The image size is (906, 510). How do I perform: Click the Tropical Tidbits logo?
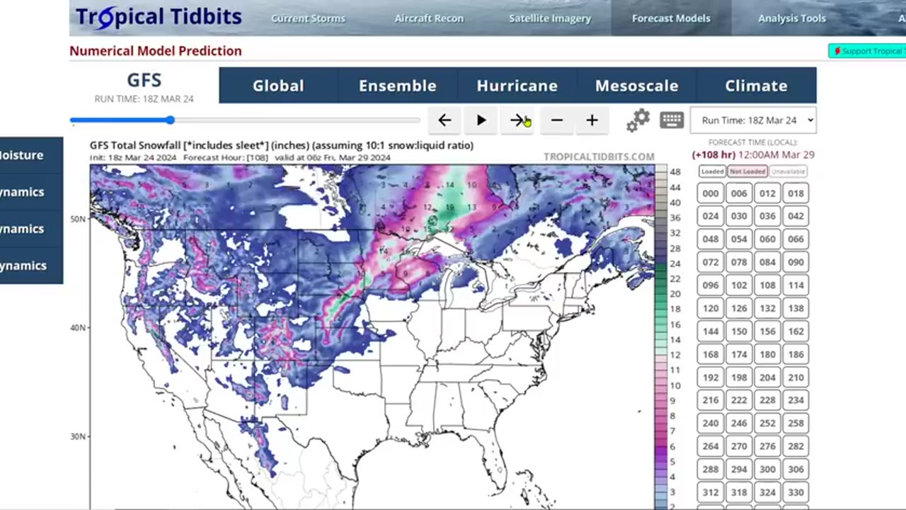coord(159,18)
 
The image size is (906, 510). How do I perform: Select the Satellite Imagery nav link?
coord(550,18)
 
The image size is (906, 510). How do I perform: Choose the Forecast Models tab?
coord(671,18)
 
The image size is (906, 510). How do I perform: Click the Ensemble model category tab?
coord(397,86)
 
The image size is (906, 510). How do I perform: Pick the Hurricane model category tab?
coord(517,86)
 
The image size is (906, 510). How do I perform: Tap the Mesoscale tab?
coord(636,86)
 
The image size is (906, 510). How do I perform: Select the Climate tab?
coord(756,86)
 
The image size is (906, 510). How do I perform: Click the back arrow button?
coord(445,120)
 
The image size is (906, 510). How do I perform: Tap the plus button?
coord(592,120)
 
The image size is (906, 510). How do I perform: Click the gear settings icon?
coord(638,120)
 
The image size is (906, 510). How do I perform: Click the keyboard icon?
coord(672,120)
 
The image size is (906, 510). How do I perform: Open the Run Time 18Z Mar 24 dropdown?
coord(753,120)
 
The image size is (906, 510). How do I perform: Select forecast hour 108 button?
coord(767,285)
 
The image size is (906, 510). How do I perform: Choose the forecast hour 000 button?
coord(711,193)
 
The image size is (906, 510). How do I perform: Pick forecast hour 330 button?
coord(796,492)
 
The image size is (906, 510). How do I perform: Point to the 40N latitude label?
coord(78,328)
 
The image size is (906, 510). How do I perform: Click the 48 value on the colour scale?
coord(675,172)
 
